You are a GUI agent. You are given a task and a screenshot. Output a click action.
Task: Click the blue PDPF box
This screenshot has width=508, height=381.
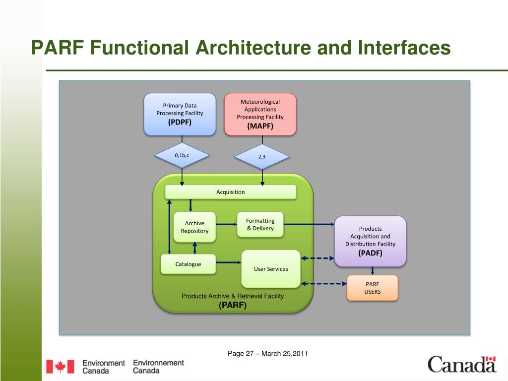tap(180, 115)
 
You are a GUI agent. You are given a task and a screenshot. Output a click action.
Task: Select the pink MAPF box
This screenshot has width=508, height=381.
tap(260, 115)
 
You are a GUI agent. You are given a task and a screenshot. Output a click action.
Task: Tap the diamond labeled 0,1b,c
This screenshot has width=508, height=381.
tap(182, 156)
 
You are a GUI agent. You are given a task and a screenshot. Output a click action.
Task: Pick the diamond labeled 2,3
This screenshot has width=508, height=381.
tap(261, 157)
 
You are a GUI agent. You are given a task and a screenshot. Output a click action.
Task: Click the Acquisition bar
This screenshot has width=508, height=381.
tap(230, 192)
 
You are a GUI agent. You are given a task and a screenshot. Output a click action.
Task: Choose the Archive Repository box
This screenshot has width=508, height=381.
tap(194, 227)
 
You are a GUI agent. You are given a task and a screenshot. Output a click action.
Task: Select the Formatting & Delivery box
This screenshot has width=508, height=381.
tap(260, 224)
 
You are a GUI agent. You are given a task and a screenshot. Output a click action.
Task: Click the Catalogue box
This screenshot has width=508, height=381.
tap(188, 264)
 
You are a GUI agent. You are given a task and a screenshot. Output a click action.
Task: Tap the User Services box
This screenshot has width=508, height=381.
tap(270, 269)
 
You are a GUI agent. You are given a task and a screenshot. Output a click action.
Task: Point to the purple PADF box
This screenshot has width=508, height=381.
tap(371, 241)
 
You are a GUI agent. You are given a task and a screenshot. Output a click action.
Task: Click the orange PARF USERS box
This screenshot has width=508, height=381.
tap(372, 288)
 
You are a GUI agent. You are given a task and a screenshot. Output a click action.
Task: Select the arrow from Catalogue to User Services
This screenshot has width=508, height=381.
tap(228, 262)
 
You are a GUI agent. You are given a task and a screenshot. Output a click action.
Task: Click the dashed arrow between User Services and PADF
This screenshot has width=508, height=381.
tap(318, 258)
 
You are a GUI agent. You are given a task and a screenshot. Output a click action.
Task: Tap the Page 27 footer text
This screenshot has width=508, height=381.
tap(268, 354)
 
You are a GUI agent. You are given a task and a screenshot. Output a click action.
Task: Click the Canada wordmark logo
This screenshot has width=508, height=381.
tap(462, 365)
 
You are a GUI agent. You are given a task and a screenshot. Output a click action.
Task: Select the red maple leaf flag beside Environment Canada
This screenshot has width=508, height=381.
tap(60, 367)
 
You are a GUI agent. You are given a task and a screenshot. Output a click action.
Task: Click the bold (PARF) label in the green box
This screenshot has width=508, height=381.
tap(233, 305)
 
